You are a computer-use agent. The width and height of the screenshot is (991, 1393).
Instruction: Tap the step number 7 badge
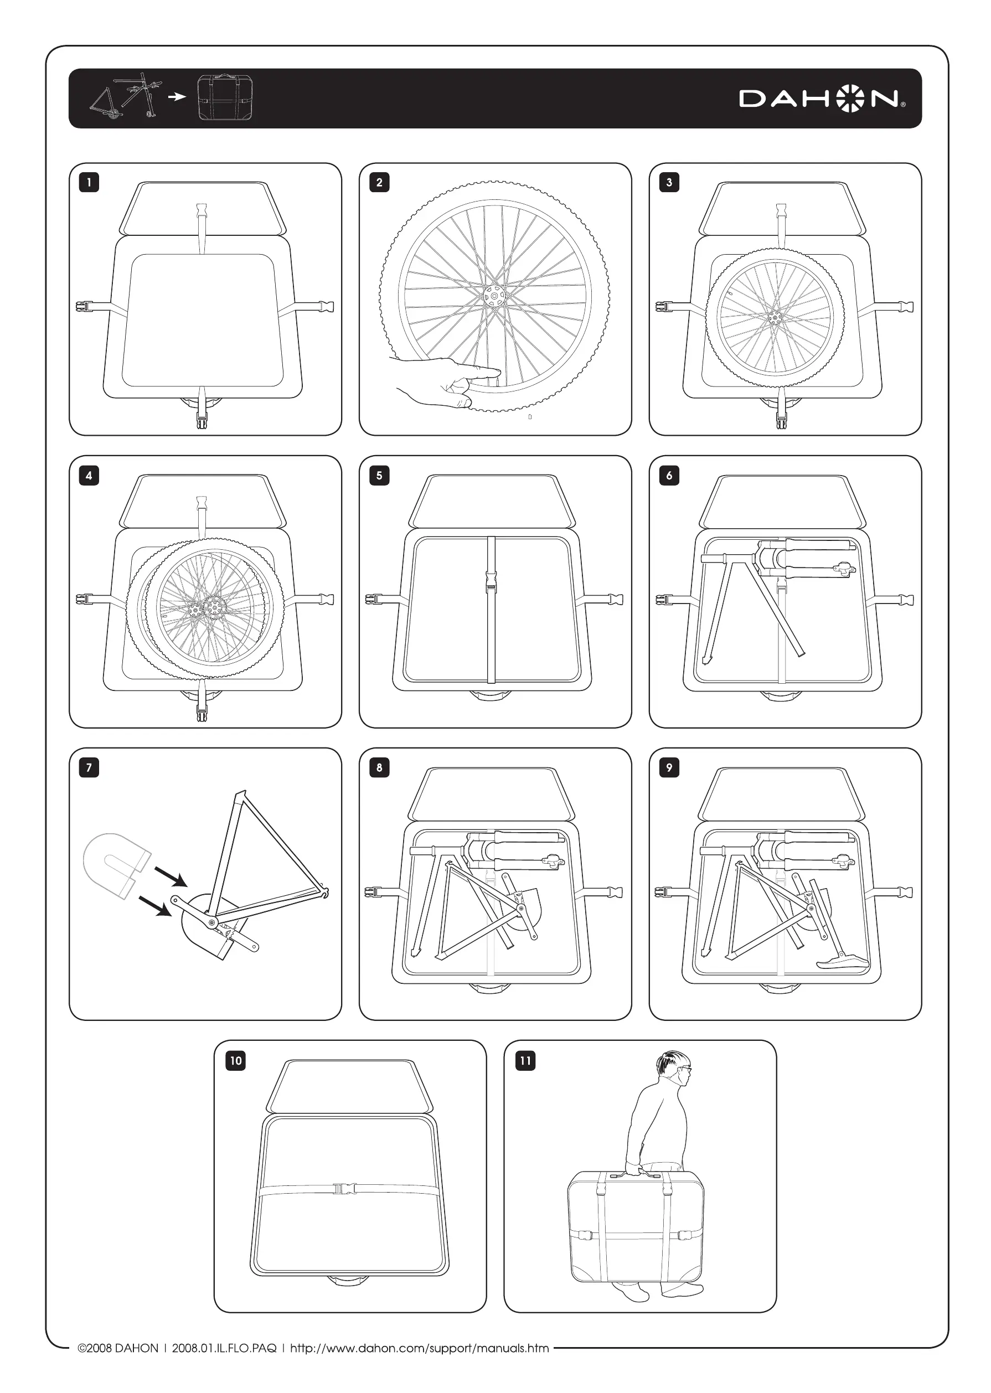tap(89, 767)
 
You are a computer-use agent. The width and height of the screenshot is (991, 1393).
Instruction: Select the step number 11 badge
tap(525, 1060)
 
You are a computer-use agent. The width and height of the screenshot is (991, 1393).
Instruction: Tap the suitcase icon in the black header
tap(225, 97)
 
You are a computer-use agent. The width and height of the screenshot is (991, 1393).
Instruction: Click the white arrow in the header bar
tap(177, 96)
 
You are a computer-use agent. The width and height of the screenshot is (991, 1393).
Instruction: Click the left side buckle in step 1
tap(82, 306)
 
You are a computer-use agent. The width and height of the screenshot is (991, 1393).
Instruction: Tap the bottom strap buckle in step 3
tap(781, 420)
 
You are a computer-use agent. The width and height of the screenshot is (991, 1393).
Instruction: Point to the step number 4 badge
tap(89, 476)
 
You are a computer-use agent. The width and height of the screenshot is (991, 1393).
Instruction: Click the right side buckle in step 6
tap(906, 600)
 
